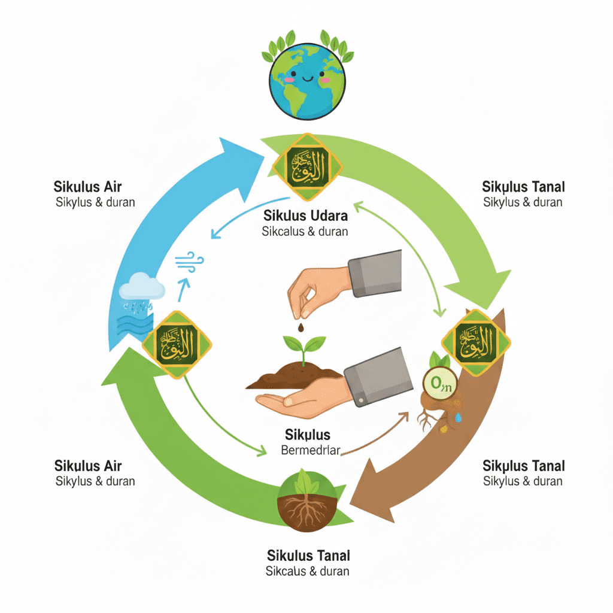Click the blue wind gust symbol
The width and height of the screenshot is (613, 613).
190,262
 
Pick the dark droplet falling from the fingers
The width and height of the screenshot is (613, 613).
300,328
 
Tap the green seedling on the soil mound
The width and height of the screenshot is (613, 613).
304,348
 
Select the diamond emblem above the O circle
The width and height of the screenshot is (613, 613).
476,344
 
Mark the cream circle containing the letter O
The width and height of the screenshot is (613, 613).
440,381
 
